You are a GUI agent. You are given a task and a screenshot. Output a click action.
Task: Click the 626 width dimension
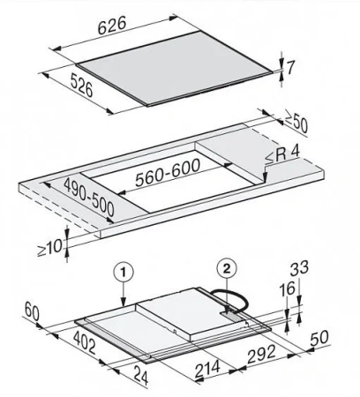click(112, 26)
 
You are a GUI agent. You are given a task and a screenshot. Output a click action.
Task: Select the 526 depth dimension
click(82, 85)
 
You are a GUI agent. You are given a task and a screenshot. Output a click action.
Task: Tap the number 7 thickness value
click(290, 69)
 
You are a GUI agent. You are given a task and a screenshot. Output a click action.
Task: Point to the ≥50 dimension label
click(296, 123)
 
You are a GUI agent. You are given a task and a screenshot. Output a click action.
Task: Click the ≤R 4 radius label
click(282, 154)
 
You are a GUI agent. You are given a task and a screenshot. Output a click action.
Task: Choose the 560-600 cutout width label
click(168, 173)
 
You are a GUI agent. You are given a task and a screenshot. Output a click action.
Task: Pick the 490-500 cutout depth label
click(89, 198)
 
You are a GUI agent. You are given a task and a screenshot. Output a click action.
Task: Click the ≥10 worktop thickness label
click(49, 247)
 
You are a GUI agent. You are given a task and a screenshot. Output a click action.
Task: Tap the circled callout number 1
click(124, 273)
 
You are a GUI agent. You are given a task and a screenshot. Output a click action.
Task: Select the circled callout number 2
click(227, 268)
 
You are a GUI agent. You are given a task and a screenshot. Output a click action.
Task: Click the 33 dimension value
click(300, 269)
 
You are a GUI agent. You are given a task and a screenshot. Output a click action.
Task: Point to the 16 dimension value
click(286, 288)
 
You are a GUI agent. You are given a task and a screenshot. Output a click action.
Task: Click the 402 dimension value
click(85, 342)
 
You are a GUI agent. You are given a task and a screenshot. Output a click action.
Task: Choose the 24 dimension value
click(141, 375)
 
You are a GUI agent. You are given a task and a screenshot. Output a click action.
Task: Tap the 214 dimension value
click(207, 369)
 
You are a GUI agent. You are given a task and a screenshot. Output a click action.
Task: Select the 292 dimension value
click(262, 354)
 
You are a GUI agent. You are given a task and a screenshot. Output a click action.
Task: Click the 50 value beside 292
click(319, 339)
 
